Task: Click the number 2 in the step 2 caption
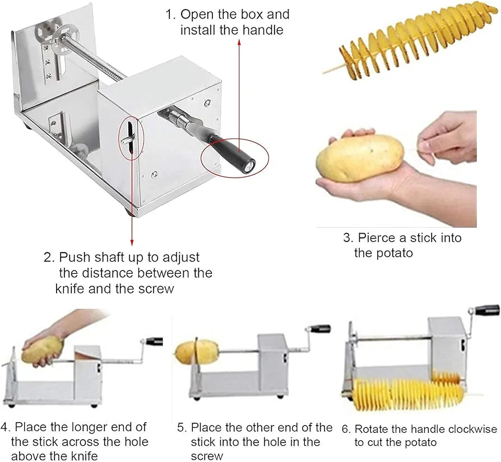click(48, 258)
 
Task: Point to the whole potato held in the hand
click(359, 158)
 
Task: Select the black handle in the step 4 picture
click(154, 341)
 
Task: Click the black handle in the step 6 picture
click(485, 310)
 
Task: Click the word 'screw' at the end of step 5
click(206, 456)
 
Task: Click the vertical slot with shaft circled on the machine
click(131, 136)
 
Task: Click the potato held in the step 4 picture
click(42, 349)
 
